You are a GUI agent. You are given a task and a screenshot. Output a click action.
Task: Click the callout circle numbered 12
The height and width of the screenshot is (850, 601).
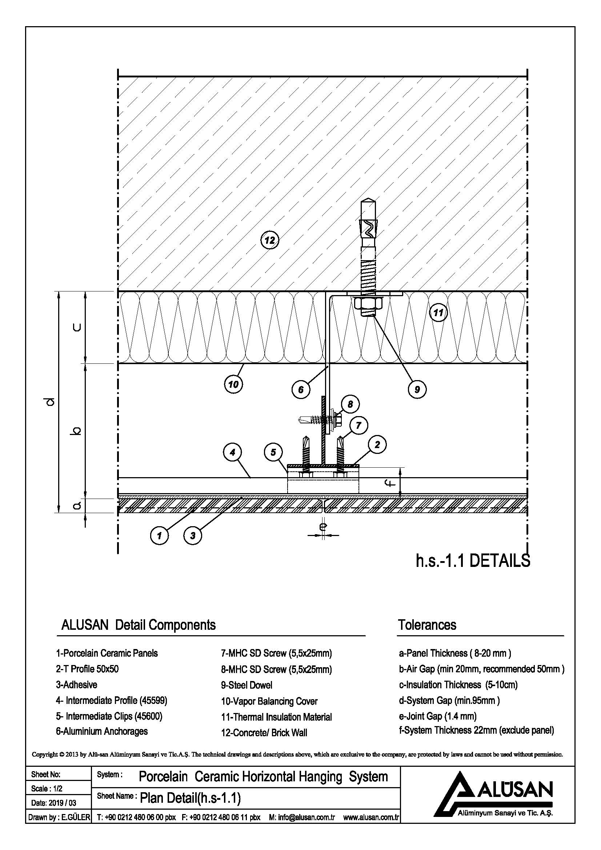[269, 241]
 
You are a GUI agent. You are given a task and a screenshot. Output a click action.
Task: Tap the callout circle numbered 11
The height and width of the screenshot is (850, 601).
[438, 313]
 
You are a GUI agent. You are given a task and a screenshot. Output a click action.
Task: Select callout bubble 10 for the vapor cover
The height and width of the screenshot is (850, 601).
[233, 384]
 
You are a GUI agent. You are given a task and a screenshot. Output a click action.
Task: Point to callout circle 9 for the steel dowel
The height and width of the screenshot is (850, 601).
[417, 389]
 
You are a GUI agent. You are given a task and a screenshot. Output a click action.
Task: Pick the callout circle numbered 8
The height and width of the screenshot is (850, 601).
[350, 404]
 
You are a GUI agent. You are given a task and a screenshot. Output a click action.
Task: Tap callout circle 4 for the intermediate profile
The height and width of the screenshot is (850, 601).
[233, 452]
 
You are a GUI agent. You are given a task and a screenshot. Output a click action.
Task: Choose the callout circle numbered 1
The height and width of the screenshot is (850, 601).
[159, 535]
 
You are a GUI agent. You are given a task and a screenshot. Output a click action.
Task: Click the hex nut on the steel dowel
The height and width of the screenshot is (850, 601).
[368, 303]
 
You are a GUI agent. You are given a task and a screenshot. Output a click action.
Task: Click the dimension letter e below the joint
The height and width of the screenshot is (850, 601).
[323, 526]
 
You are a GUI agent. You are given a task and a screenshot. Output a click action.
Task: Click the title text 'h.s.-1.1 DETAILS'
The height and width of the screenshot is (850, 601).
[473, 561]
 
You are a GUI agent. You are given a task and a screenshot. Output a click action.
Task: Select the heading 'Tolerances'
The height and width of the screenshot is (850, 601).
[427, 625]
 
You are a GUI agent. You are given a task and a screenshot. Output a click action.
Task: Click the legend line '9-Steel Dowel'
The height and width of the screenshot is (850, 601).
[247, 685]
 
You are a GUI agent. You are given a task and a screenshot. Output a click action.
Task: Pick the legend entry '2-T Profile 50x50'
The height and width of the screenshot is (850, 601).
[87, 669]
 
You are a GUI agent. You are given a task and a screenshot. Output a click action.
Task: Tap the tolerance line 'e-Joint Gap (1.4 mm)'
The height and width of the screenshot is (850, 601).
[437, 716]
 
